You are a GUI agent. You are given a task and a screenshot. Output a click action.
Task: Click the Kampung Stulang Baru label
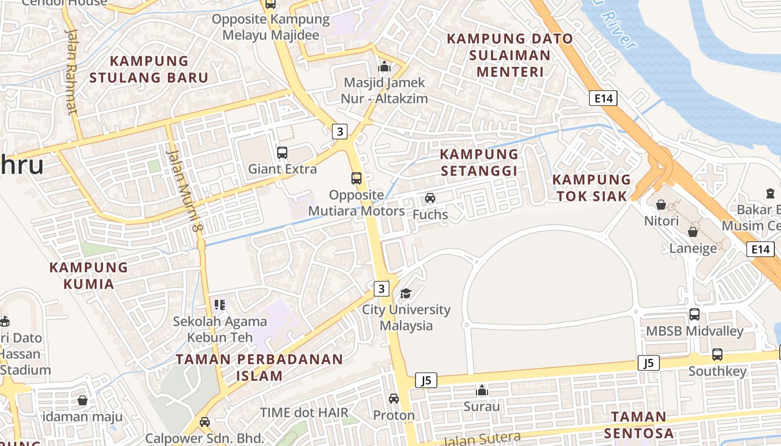(149, 69)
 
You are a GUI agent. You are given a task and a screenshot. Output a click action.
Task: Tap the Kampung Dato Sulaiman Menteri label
(510, 55)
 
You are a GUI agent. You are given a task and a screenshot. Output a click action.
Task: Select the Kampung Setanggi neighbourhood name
(479, 162)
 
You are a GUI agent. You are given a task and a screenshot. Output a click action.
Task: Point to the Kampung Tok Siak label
(591, 187)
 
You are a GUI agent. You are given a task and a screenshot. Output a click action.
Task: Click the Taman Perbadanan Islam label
(259, 367)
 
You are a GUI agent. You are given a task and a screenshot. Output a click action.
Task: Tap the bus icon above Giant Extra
(282, 152)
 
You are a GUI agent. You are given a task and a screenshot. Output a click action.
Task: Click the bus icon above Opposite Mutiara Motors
(356, 178)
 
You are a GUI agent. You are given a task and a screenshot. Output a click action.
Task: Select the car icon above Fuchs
(430, 198)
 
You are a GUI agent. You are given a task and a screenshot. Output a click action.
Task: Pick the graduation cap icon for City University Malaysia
(406, 293)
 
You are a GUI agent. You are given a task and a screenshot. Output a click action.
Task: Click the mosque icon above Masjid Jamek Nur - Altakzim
(384, 66)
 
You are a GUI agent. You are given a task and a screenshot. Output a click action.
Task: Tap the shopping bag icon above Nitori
(661, 205)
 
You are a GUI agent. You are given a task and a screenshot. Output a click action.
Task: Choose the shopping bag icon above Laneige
(693, 232)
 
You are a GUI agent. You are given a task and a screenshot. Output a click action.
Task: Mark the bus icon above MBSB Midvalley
(695, 314)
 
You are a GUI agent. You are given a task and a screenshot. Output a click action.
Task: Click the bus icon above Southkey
(717, 355)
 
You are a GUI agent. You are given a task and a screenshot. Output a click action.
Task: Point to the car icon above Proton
(394, 399)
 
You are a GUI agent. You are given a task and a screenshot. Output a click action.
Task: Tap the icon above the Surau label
(482, 390)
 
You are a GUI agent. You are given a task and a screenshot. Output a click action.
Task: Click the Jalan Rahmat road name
(71, 72)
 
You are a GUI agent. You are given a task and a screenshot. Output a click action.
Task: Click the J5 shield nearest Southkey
(648, 363)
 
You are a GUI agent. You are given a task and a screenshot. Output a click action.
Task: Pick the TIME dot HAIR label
(304, 413)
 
